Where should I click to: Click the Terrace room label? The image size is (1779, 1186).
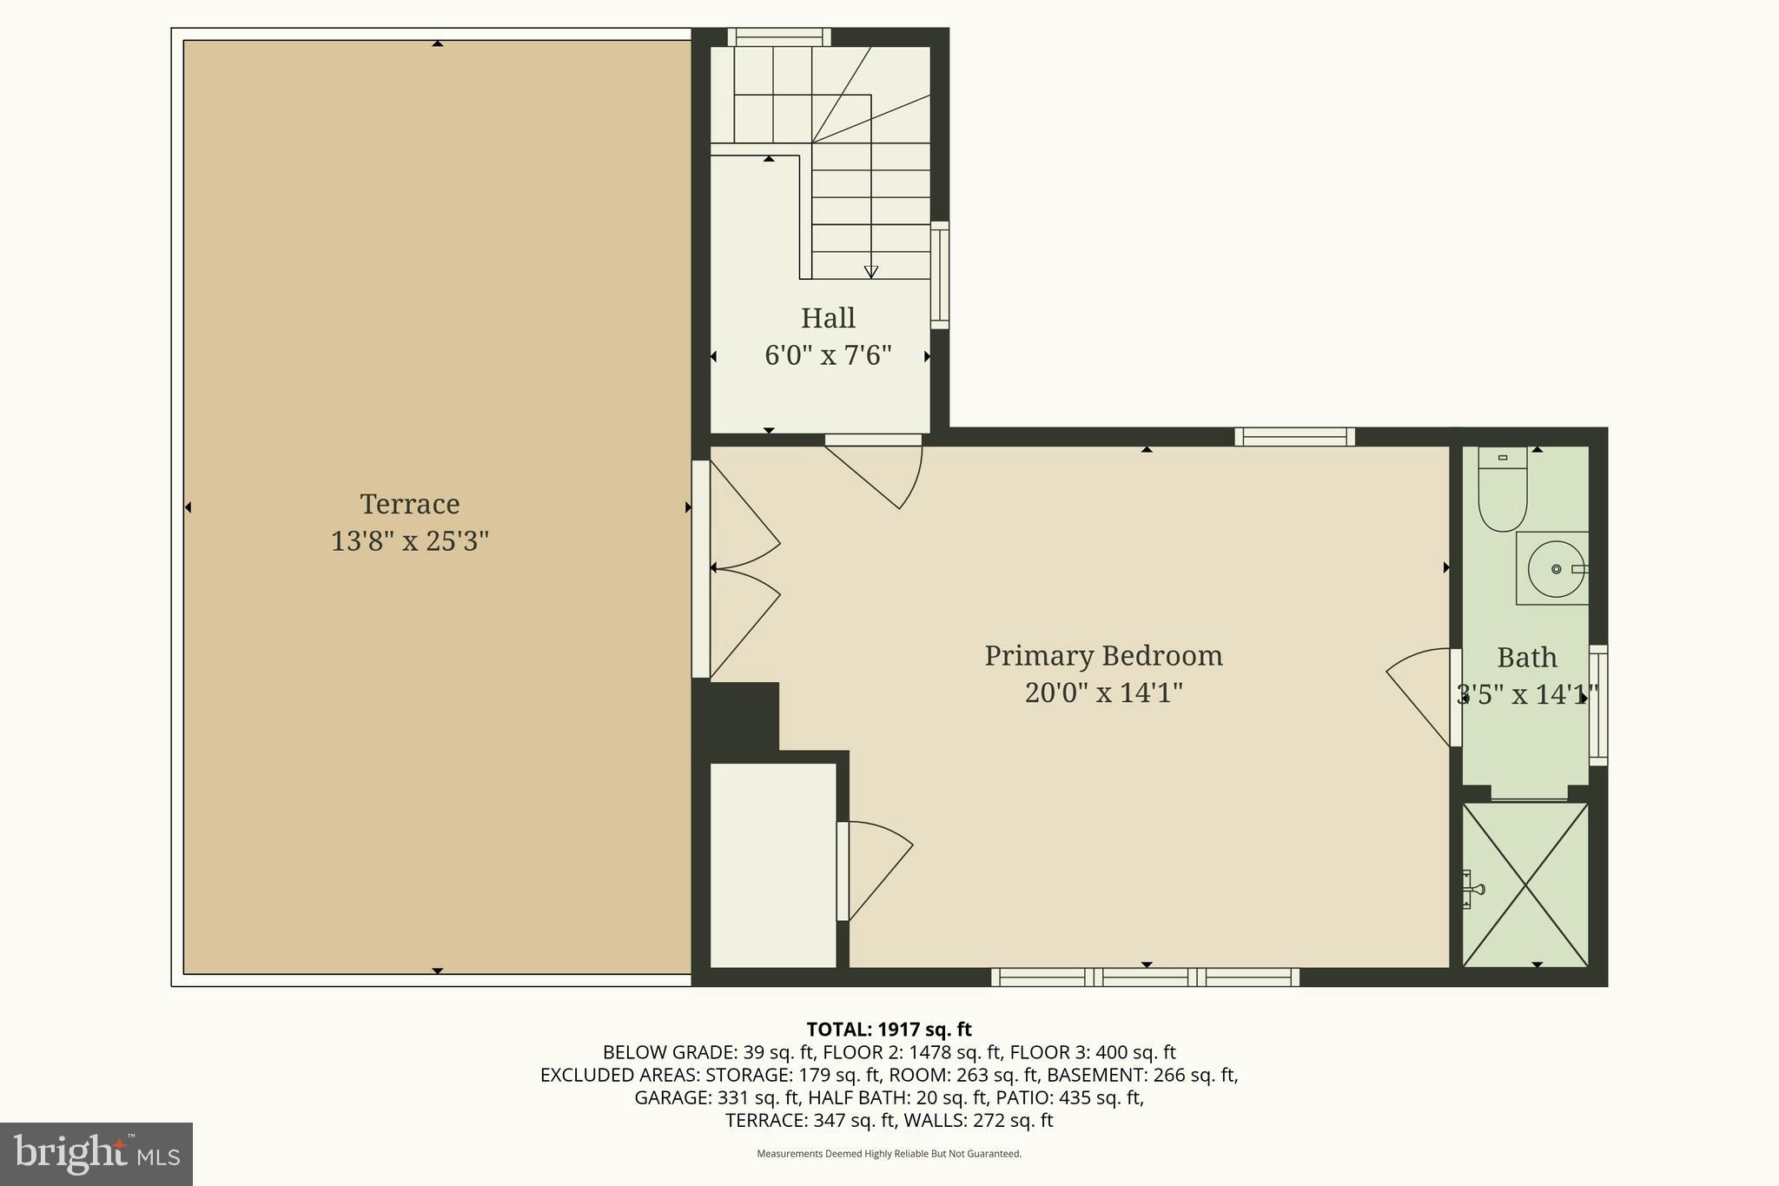tap(409, 504)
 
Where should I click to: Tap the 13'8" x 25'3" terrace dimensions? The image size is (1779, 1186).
tap(409, 541)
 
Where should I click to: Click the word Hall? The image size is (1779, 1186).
tap(828, 318)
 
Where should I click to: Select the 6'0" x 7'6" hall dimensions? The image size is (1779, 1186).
tap(828, 355)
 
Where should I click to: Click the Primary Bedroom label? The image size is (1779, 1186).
tap(1103, 655)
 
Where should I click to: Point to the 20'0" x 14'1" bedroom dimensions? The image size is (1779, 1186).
tap(1103, 693)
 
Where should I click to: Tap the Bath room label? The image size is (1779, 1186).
tap(1526, 658)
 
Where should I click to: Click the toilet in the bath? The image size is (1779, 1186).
tap(1502, 491)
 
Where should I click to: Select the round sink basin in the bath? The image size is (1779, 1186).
tap(1556, 569)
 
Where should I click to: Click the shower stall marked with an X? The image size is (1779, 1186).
tap(1525, 885)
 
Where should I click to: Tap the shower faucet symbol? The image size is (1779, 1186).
tap(1472, 889)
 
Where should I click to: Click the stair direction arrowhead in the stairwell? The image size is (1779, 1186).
tap(870, 272)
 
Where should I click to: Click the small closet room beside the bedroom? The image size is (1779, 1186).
tap(772, 865)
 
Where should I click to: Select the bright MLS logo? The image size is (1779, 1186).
tap(96, 1154)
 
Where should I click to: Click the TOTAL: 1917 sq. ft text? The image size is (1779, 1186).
tap(889, 1030)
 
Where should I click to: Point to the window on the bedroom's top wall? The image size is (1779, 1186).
tap(1294, 437)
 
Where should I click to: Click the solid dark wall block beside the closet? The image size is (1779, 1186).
tap(735, 717)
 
